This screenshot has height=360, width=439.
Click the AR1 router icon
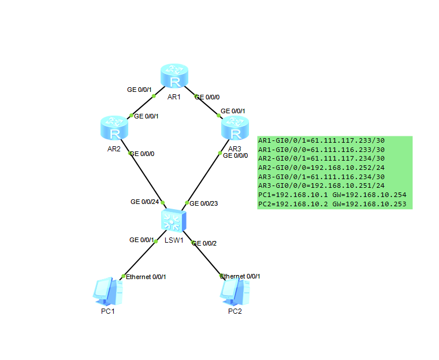point(174,76)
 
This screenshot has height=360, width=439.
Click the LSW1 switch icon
point(174,220)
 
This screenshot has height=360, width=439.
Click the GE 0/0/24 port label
point(144,202)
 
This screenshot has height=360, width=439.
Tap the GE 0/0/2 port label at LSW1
point(204,243)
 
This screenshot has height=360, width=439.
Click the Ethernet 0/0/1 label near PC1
point(146,277)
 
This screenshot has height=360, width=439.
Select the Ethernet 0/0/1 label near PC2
point(240,276)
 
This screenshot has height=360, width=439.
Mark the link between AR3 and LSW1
point(202,178)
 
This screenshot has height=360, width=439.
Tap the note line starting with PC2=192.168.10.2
point(332,204)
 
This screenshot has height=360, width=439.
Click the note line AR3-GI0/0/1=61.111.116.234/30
point(322,176)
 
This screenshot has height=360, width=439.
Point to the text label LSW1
point(174,240)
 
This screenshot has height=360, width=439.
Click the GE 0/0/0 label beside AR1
point(207,97)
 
